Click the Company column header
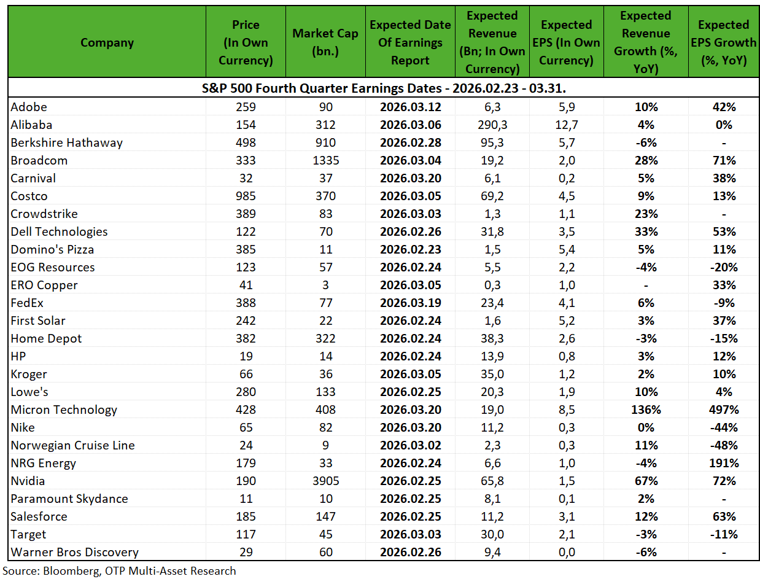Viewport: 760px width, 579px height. pyautogui.click(x=107, y=42)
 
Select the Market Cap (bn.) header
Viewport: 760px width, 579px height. pyautogui.click(x=325, y=42)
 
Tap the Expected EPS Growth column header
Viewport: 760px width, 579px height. pyautogui.click(x=723, y=42)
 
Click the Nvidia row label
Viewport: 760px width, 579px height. pyautogui.click(x=28, y=481)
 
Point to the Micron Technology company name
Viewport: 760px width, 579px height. pyautogui.click(x=64, y=410)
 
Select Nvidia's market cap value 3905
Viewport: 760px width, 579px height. pyautogui.click(x=325, y=481)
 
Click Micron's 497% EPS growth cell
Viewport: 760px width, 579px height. pyautogui.click(x=724, y=410)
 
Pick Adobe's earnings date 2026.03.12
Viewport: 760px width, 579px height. pyautogui.click(x=410, y=107)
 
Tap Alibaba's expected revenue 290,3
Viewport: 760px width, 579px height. pyautogui.click(x=492, y=125)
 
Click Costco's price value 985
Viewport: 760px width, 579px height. pyautogui.click(x=246, y=196)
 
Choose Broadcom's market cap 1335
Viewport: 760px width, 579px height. pyautogui.click(x=325, y=161)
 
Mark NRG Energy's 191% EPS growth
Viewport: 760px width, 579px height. pyautogui.click(x=724, y=463)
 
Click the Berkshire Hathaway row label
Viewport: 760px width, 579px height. pyautogui.click(x=66, y=142)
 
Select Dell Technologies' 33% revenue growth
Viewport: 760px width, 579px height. pyautogui.click(x=646, y=231)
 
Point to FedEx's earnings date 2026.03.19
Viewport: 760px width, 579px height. pyautogui.click(x=410, y=303)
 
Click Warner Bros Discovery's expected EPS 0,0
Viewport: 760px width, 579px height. pyautogui.click(x=567, y=553)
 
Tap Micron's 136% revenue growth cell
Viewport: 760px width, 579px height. pyautogui.click(x=646, y=410)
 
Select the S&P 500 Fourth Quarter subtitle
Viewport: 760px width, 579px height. pyautogui.click(x=384, y=88)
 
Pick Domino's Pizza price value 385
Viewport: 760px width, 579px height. pyautogui.click(x=246, y=250)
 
